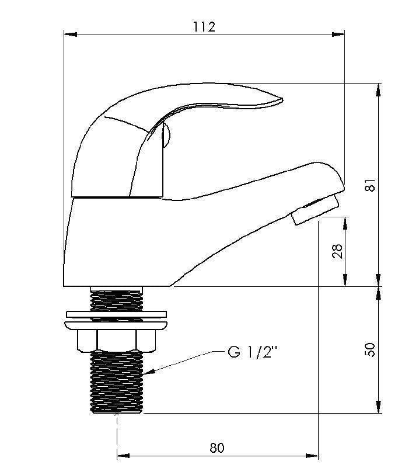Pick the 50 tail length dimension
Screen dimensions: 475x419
[x=369, y=349]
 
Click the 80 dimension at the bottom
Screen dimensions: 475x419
[x=217, y=448]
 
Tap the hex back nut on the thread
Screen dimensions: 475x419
[x=117, y=339]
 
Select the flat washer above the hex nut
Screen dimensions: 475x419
[x=117, y=316]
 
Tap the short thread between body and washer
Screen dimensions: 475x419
[x=117, y=299]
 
